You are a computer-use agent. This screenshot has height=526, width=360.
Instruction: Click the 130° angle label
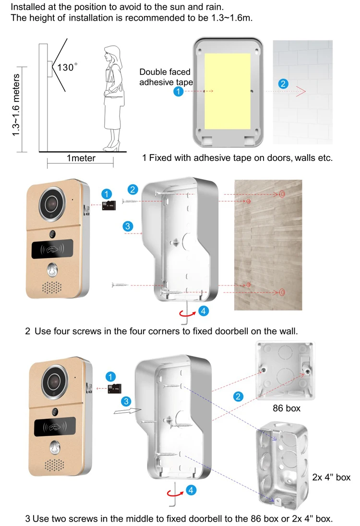(66, 68)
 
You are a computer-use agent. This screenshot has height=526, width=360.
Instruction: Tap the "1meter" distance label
(81, 158)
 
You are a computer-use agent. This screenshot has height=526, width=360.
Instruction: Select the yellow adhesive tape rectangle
(228, 92)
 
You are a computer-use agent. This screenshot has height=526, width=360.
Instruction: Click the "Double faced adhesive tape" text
(166, 77)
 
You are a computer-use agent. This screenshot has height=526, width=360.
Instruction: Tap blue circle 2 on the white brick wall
(283, 84)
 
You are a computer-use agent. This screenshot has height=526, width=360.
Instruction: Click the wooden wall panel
(268, 245)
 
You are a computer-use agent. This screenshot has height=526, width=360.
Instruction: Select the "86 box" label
(286, 408)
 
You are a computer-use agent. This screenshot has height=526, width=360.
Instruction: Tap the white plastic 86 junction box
(285, 370)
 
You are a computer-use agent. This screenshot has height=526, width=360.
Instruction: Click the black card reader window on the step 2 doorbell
(52, 249)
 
